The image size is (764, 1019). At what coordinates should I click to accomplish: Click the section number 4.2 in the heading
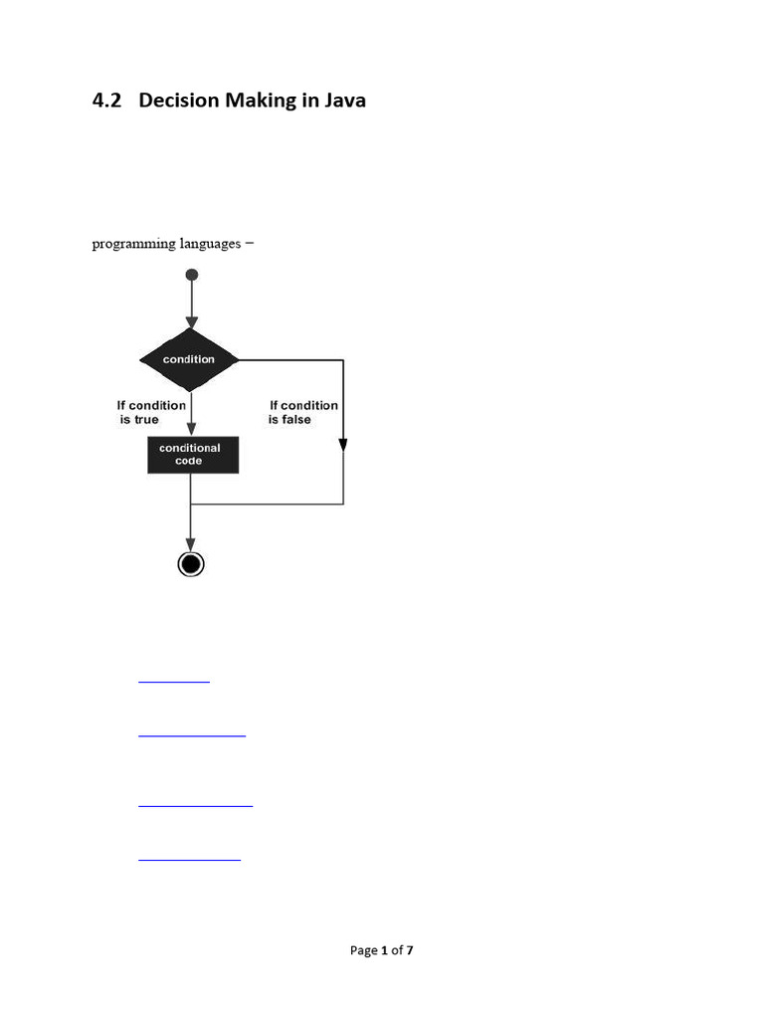(x=106, y=101)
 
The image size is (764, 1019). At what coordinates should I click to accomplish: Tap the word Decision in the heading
(x=181, y=101)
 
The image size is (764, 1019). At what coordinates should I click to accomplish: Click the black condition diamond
(x=189, y=359)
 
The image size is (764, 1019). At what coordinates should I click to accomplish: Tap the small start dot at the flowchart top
(x=191, y=274)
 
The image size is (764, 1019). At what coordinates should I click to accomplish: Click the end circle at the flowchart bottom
(x=190, y=564)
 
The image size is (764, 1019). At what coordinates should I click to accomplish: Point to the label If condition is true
(x=150, y=412)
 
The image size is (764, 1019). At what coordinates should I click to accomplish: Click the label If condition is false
(x=302, y=412)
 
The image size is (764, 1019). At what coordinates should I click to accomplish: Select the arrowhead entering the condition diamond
(x=191, y=321)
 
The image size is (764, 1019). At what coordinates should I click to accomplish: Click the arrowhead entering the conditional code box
(x=190, y=430)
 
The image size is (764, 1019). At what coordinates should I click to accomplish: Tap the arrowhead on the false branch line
(x=343, y=444)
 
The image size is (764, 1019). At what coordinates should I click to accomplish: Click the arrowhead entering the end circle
(x=190, y=544)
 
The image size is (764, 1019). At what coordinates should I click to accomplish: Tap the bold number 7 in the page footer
(x=410, y=950)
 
